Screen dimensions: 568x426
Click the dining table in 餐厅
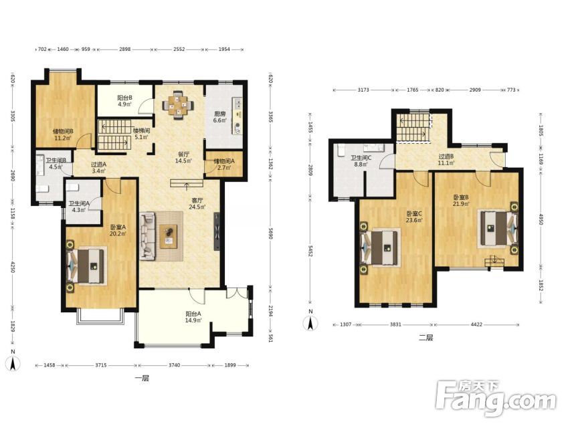point(178,106)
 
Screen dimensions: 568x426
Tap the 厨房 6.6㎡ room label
point(219,117)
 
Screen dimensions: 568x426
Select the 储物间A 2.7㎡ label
point(224,164)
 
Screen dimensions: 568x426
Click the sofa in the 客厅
point(149,236)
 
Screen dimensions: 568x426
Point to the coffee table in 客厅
point(169,236)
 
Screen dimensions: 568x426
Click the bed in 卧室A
point(87,265)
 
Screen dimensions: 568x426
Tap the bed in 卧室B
point(498,228)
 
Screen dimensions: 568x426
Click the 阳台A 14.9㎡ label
point(193,317)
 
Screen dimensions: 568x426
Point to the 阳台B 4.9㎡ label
point(124,101)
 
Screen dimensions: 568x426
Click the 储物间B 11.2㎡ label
point(63,134)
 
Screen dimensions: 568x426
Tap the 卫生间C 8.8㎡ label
point(361,161)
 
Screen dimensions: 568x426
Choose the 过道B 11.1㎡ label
point(446,160)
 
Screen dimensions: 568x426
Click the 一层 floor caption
point(142,379)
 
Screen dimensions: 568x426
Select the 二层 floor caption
point(426,338)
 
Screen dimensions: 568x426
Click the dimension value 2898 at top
point(124,49)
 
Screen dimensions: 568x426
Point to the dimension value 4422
point(476,324)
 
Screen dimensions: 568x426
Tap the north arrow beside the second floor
point(310,322)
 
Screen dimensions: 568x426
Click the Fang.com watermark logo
point(496,399)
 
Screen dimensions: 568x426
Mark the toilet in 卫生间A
point(73,187)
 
